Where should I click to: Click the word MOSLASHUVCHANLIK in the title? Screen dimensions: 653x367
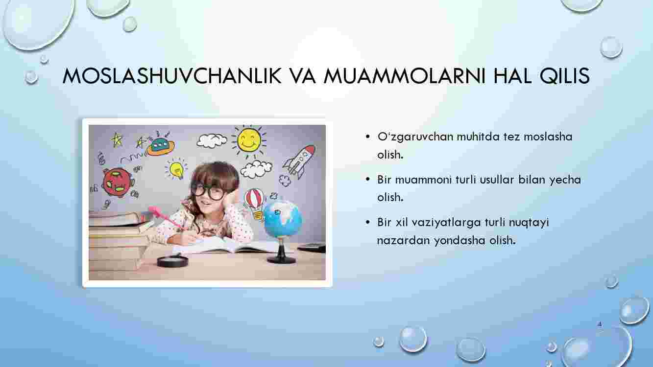click(x=172, y=76)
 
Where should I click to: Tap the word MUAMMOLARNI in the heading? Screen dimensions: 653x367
click(x=404, y=76)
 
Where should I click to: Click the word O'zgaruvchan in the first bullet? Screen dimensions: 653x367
click(x=415, y=137)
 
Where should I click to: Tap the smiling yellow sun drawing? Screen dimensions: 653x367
click(x=249, y=141)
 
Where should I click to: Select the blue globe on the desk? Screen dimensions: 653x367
click(x=282, y=219)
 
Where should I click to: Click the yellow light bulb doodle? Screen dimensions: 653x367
click(x=176, y=169)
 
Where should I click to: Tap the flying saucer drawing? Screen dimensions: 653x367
click(x=160, y=146)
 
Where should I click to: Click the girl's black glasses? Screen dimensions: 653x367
click(x=208, y=191)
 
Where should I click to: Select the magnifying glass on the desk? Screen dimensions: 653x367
click(x=172, y=261)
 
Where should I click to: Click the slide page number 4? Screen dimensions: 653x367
click(x=600, y=324)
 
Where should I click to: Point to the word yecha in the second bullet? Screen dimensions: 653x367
click(x=565, y=180)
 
